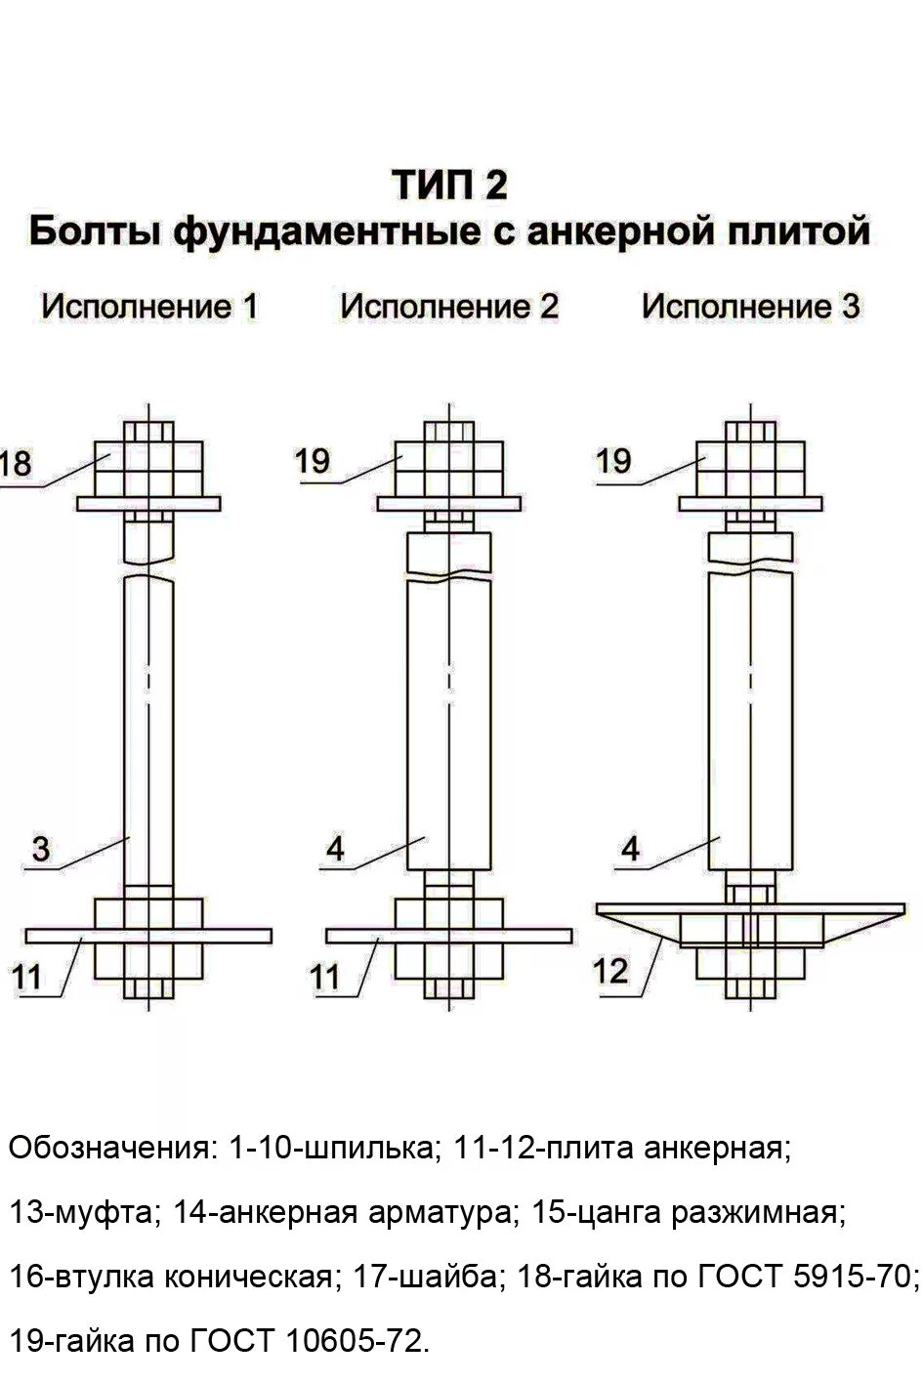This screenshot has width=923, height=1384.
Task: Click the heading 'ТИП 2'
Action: (449, 185)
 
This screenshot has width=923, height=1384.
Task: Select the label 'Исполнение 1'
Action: (149, 307)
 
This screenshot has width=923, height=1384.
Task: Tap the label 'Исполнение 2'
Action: (449, 307)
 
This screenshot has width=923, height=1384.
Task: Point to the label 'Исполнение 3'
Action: (750, 307)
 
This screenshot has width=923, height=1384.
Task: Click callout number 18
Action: (17, 463)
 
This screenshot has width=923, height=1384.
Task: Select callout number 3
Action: (40, 848)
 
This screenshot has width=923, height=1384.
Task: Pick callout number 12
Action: (610, 971)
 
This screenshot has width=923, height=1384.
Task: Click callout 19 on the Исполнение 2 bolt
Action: (313, 461)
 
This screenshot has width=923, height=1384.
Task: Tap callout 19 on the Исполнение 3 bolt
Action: (613, 461)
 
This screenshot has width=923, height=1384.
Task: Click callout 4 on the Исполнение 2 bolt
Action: (335, 848)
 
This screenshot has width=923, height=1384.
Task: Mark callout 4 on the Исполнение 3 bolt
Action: (631, 848)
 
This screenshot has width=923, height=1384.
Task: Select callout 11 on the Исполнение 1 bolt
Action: (26, 976)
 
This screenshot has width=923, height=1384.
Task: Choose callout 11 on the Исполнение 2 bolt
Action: (326, 976)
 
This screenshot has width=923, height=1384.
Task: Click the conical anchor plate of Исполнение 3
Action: (749, 918)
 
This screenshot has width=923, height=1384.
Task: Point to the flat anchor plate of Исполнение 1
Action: (234, 936)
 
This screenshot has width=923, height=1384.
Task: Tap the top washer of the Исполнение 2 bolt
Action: (449, 503)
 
